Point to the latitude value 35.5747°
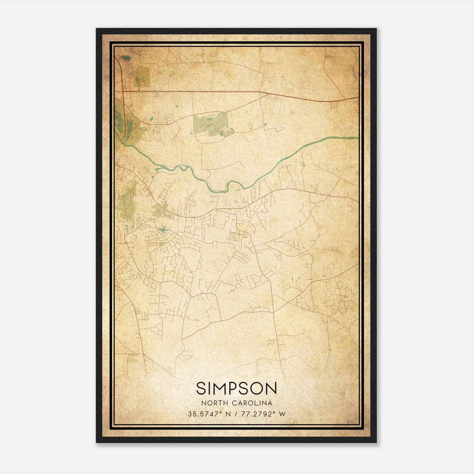[204, 414]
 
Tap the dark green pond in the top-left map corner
[126, 58]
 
